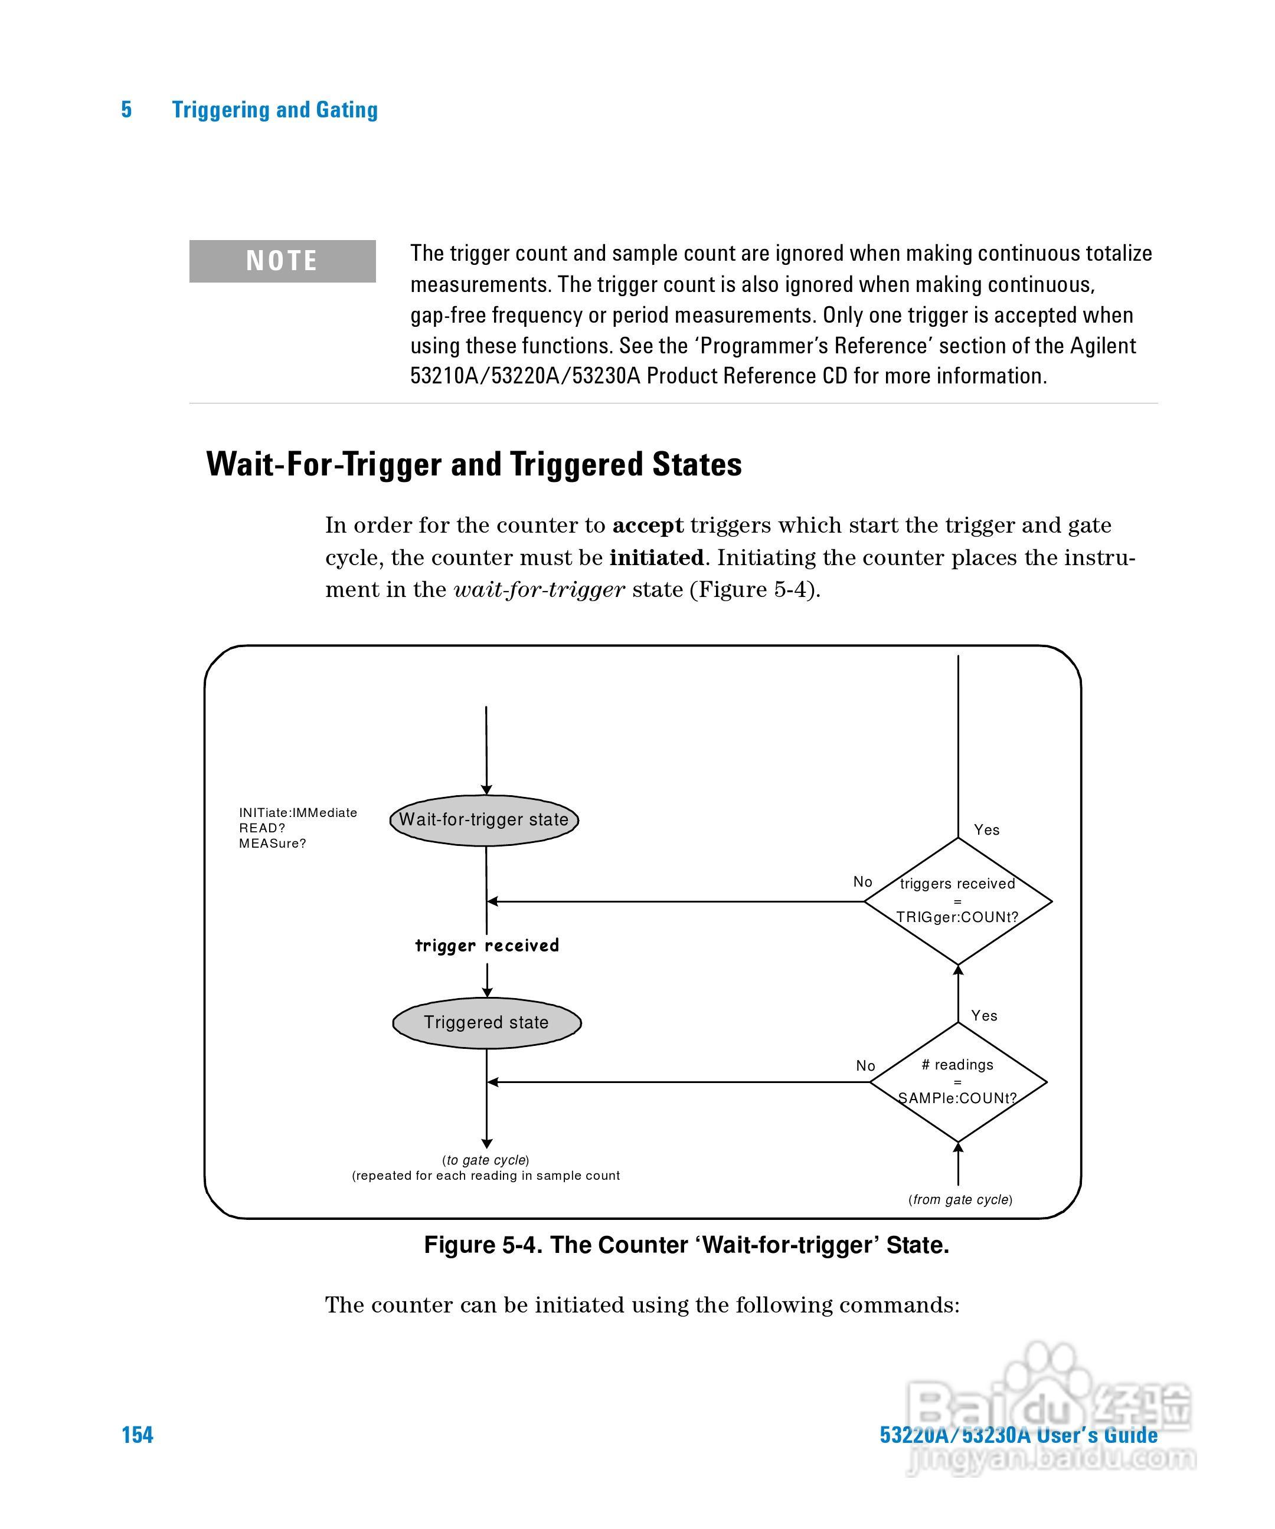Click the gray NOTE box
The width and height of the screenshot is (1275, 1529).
282,261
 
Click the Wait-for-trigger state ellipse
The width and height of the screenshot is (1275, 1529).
484,820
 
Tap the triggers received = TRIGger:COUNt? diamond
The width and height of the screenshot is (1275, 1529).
957,901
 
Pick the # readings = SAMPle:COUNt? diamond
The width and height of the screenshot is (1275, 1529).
957,1082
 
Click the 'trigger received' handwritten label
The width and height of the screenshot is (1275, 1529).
487,945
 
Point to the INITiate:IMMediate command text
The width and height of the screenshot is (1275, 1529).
298,812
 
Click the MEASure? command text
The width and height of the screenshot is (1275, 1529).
273,843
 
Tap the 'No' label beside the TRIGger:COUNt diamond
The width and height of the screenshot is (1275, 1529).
862,882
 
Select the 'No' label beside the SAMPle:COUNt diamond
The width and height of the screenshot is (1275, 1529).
865,1066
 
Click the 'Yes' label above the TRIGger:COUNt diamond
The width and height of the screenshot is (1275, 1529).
986,830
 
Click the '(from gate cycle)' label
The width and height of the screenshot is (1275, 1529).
960,1199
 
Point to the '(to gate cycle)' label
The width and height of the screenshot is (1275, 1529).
485,1160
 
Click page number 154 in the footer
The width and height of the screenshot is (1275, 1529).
137,1435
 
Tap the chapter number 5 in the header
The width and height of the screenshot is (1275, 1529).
126,109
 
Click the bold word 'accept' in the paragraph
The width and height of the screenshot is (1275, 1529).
648,525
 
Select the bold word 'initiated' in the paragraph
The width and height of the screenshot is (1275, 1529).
656,557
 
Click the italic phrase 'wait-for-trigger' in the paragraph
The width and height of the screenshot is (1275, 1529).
539,589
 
